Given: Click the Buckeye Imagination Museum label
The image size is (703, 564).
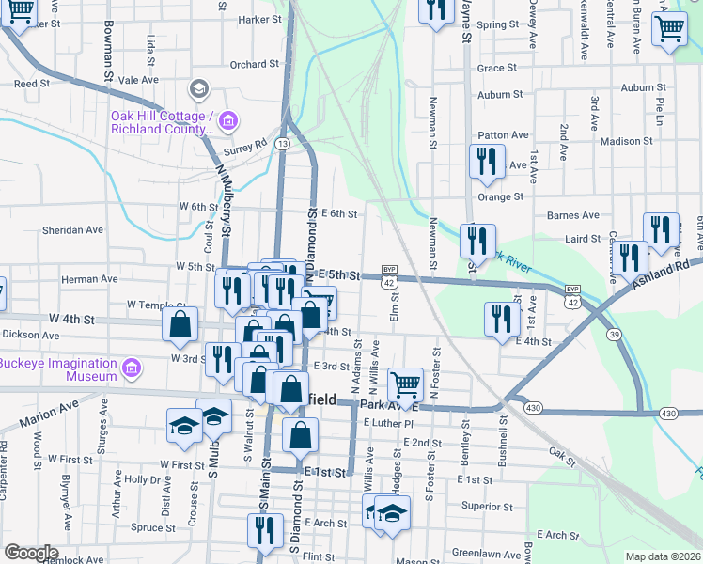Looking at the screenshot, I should coord(56,367).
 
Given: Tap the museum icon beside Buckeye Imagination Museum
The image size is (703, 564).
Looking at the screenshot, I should coord(133,367).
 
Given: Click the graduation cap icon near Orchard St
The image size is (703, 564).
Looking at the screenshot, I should coord(198,89).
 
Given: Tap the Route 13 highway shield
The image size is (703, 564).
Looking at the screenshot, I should coord(282,143).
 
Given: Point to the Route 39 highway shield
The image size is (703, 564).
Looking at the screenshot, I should coord(613,336).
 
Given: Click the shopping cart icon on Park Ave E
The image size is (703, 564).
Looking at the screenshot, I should coord(405,382).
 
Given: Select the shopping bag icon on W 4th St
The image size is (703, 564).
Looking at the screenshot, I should coord(180,324).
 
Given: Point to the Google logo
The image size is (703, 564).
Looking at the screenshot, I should coord(31,553).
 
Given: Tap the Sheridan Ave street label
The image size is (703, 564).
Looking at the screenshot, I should coord(72,229).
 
